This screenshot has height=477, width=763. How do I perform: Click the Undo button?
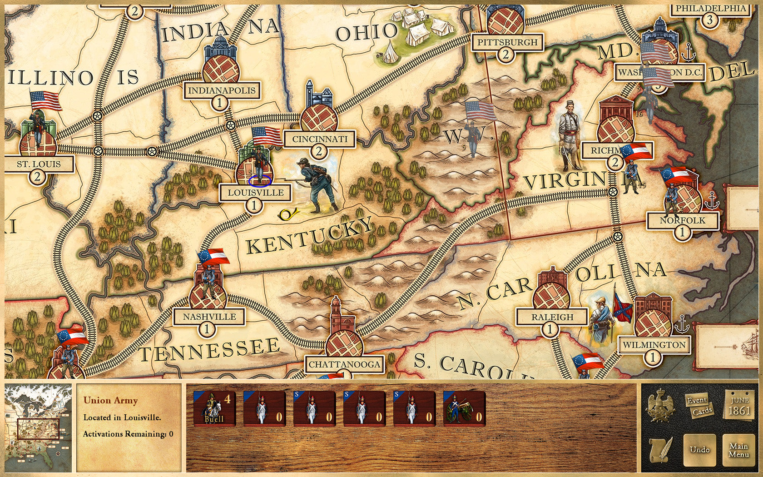click(699, 450)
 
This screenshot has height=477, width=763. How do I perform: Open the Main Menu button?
click(739, 450)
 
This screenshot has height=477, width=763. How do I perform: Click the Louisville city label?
click(255, 193)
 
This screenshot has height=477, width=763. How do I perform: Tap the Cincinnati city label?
click(319, 139)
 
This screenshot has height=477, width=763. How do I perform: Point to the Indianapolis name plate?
click(222, 90)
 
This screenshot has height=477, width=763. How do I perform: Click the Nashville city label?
click(209, 317)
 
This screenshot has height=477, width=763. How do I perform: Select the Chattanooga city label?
click(344, 364)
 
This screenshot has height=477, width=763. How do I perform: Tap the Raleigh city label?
click(552, 317)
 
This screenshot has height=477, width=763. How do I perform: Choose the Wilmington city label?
click(654, 345)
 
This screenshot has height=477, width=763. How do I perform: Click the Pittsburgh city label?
click(507, 43)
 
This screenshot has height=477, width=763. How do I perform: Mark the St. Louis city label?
click(39, 164)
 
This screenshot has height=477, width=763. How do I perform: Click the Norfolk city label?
click(682, 221)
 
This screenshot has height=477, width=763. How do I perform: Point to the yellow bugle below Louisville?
click(287, 214)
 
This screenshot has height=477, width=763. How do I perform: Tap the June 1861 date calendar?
click(739, 406)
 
